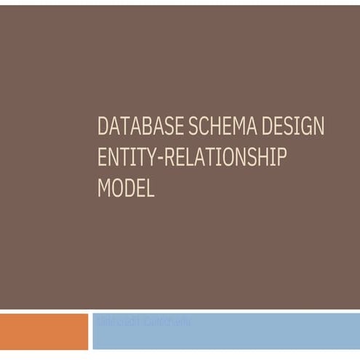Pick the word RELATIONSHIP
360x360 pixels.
pyautogui.click(x=224, y=158)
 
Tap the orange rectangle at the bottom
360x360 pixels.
pyautogui.click(x=44, y=332)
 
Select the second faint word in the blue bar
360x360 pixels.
pyautogui.click(x=167, y=321)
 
